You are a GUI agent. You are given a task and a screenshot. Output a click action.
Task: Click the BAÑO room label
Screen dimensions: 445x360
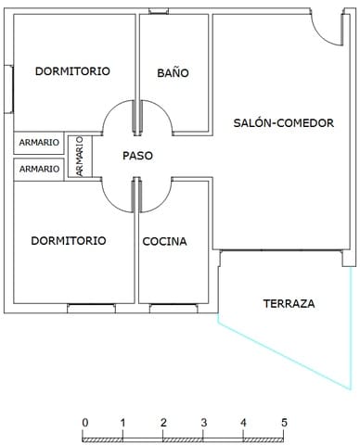point(173,71)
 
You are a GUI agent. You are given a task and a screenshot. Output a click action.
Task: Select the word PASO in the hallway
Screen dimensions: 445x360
point(137,156)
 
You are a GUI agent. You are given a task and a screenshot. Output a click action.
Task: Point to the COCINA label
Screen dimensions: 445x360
point(164,241)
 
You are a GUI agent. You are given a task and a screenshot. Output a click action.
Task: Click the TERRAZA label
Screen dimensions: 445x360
point(289,303)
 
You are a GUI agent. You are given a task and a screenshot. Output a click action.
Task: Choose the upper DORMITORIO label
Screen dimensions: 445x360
point(72,71)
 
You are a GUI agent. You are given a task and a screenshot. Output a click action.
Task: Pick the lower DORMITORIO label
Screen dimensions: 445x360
point(68,241)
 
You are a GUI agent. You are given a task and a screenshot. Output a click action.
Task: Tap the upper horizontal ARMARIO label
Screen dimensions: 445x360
point(39,143)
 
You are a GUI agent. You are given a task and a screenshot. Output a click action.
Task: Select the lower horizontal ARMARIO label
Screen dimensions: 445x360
point(39,169)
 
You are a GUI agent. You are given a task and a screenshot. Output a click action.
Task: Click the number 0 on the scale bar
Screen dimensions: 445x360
point(84,423)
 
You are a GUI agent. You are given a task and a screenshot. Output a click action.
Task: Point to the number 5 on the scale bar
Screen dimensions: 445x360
point(284,423)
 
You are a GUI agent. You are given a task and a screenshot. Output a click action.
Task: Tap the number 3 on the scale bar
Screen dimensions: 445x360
point(204,423)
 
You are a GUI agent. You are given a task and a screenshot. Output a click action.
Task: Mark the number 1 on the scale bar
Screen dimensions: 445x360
point(123,423)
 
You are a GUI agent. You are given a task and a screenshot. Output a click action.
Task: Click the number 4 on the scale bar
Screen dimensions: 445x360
point(244,423)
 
